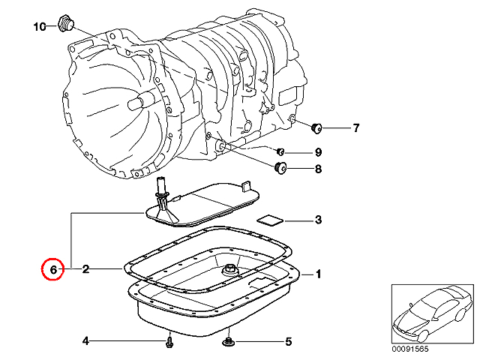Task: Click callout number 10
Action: tap(40, 27)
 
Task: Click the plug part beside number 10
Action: tap(66, 23)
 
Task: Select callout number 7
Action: tap(355, 127)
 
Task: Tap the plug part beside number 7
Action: tap(316, 128)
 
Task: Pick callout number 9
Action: tap(318, 151)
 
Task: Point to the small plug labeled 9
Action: tap(280, 151)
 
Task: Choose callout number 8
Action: tap(318, 169)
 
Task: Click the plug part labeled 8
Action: tap(280, 167)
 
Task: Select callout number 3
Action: tap(318, 220)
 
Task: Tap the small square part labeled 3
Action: tap(270, 220)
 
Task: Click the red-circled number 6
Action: tap(53, 270)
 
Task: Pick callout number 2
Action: tap(85, 269)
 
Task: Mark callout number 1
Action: tap(318, 274)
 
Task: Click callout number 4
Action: tap(85, 340)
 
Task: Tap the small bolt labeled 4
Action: tap(169, 341)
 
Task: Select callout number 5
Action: tap(288, 342)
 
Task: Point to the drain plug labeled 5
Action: tap(228, 341)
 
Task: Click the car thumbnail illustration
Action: tap(433, 313)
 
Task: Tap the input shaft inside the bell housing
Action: tap(139, 101)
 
